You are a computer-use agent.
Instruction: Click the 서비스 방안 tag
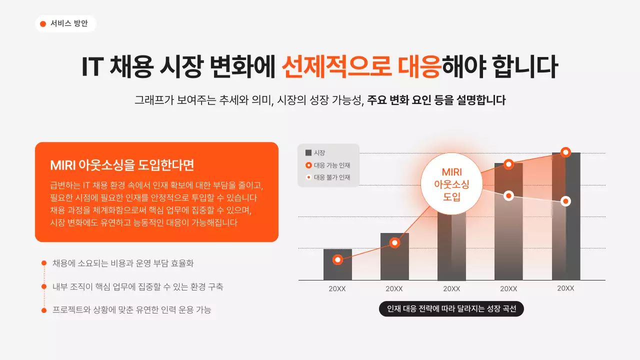click(65, 23)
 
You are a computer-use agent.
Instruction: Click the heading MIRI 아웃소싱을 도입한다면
click(122, 165)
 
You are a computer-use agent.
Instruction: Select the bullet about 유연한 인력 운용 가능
click(132, 310)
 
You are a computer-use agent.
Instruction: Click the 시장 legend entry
click(315, 153)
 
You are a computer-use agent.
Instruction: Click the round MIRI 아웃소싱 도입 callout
click(451, 184)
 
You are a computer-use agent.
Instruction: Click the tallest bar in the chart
click(566, 240)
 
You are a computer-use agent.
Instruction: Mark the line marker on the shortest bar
click(337, 259)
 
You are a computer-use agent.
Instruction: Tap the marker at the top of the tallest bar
click(565, 152)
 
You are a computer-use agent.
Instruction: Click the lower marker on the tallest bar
click(565, 201)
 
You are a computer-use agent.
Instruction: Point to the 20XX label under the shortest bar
click(337, 288)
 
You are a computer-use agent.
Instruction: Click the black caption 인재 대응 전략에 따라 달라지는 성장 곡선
click(451, 309)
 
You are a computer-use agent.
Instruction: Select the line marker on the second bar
click(394, 243)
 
